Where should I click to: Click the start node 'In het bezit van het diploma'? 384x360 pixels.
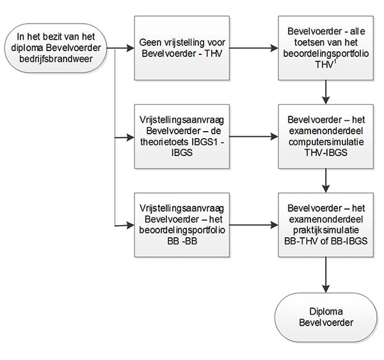coord(56,48)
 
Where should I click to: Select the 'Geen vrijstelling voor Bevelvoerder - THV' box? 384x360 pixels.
coord(182,48)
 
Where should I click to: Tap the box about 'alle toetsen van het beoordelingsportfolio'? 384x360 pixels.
coord(326,48)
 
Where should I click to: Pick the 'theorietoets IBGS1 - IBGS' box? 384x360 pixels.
coord(182,137)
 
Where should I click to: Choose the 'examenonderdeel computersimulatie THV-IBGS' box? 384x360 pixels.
coord(326,137)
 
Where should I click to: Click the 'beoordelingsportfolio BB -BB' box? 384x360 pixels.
coord(182,225)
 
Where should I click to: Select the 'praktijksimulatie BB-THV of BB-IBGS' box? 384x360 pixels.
coord(326,225)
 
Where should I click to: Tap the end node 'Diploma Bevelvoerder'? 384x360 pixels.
coord(326,317)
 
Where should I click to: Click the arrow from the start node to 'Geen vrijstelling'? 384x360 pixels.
coord(121,48)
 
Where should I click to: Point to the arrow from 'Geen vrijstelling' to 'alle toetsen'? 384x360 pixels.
coord(254,48)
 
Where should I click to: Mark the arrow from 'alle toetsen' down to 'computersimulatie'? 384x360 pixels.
coord(326,92)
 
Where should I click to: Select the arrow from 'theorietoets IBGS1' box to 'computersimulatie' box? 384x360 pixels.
coord(254,137)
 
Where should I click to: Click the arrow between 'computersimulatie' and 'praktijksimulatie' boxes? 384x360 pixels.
coord(326,180)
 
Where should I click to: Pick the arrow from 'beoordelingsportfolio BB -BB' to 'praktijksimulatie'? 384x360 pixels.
coord(254,225)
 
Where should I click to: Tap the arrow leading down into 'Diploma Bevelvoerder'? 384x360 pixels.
coord(326,275)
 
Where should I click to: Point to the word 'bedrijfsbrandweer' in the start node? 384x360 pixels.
coord(56,59)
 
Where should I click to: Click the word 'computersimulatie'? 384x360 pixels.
coord(326,142)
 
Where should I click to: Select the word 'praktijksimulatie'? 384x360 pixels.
coord(326,230)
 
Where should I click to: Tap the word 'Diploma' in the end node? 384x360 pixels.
coord(326,311)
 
